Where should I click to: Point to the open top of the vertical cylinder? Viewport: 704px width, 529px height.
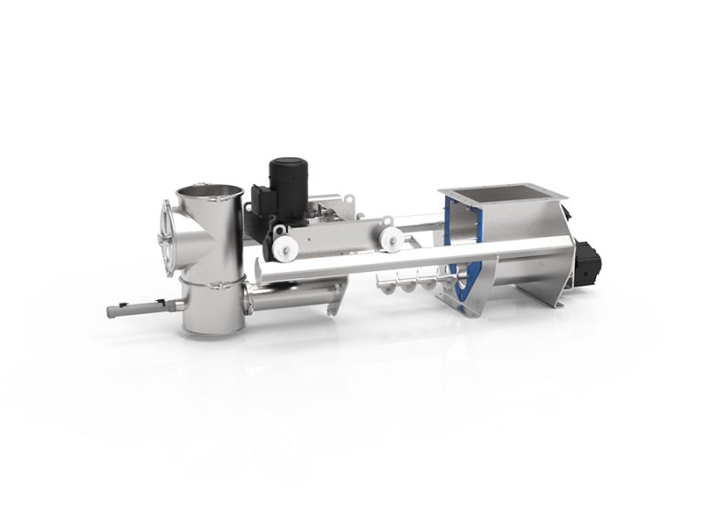(x=209, y=192)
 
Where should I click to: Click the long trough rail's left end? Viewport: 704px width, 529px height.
(x=263, y=269)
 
